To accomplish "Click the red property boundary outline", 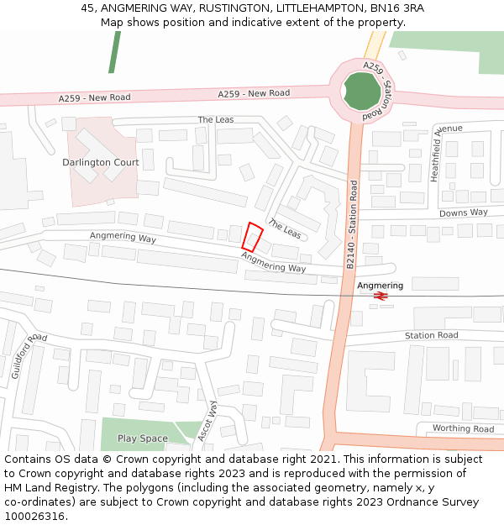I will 252,236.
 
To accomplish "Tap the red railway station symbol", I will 380,296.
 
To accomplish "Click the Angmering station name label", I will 380,286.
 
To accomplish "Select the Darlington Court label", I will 101,162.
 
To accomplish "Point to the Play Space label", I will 142,438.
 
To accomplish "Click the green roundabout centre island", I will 361,91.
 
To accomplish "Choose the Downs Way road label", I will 464,213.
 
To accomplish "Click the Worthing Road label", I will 463,428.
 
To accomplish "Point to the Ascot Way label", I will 207,421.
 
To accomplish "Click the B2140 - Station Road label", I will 352,223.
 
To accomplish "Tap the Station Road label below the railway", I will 431,335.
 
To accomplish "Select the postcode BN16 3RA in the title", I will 397,8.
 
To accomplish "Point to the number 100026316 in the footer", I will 34,516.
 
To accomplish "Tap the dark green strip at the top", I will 113,52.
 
